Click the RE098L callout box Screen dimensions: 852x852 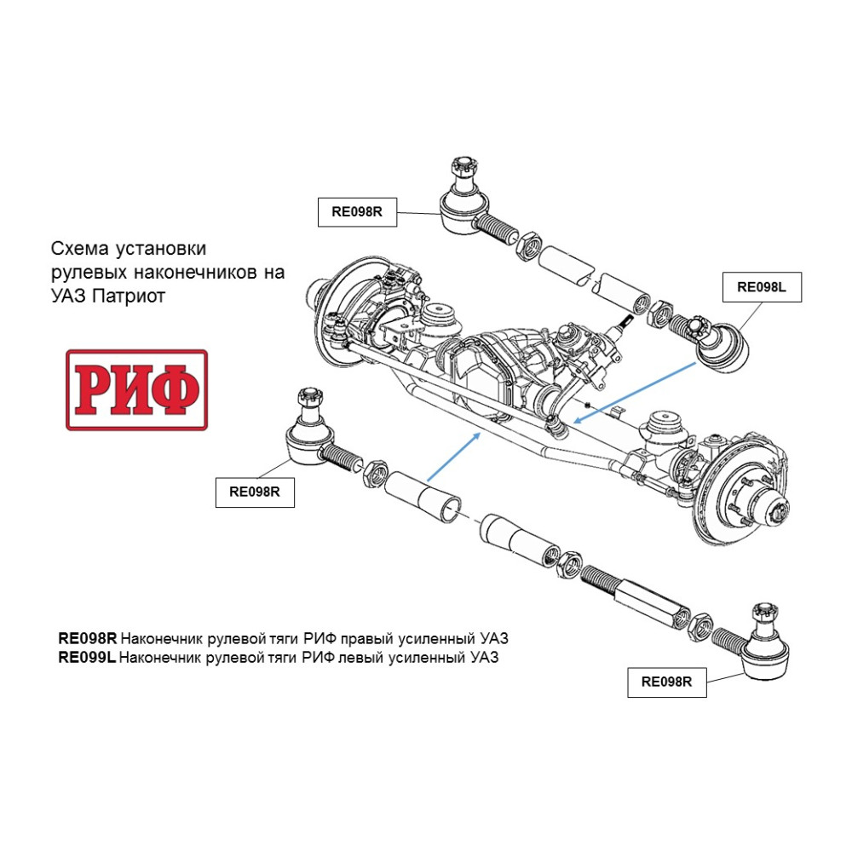[761, 288]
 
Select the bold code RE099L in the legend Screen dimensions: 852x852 [86, 658]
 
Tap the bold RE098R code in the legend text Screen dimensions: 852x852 [86, 638]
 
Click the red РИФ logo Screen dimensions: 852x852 [136, 389]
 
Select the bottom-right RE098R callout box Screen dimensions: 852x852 [667, 682]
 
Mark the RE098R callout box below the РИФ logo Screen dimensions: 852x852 [255, 491]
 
